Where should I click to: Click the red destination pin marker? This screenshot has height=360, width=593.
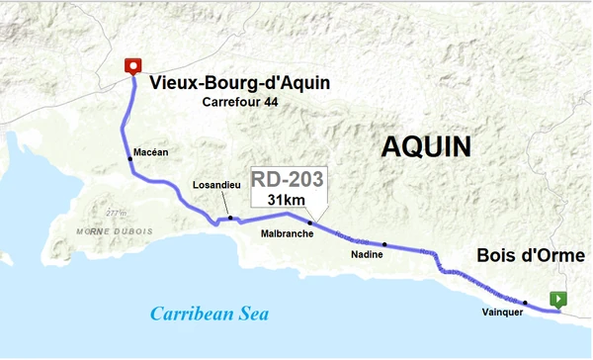[x=131, y=66]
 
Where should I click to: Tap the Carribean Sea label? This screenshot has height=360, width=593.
[x=210, y=314]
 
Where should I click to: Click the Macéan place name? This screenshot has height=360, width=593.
[x=151, y=151]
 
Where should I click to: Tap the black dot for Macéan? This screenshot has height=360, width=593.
[x=129, y=159]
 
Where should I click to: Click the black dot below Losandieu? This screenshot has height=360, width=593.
[x=229, y=218]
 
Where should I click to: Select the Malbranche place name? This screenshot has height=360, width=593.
[x=287, y=234]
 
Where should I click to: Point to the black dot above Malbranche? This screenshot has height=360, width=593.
[x=309, y=224]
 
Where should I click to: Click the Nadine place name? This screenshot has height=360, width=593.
[x=367, y=255]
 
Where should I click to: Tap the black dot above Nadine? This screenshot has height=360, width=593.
[x=385, y=243]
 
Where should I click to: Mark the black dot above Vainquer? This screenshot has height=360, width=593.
[x=526, y=303]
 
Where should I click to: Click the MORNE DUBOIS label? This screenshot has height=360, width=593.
[x=116, y=230]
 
